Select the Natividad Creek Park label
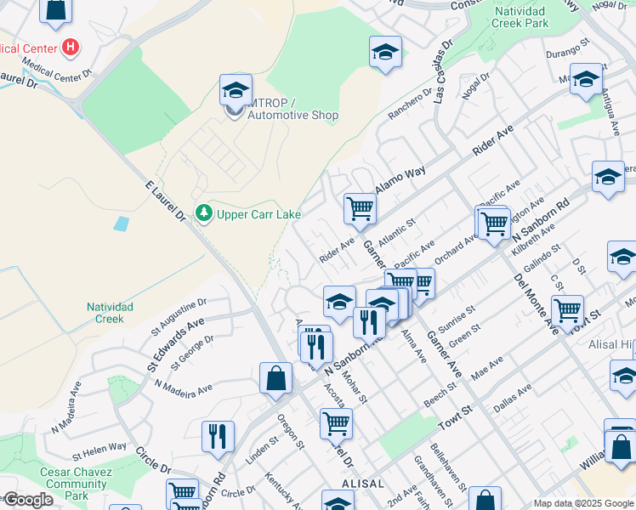[520, 18]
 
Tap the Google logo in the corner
[27, 500]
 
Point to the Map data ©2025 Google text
[583, 503]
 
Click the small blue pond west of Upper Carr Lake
[121, 224]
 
